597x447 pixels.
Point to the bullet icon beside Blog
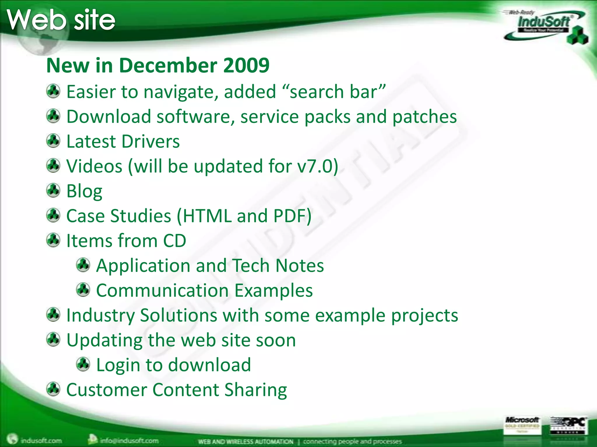pos(53,191)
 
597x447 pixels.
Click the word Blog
pos(84,191)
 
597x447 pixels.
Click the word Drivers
pos(150,142)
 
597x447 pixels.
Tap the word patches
pos(424,117)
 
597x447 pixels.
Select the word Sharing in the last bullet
pos(256,390)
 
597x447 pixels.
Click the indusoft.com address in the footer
pos(41,441)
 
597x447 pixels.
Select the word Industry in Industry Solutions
pos(101,316)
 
